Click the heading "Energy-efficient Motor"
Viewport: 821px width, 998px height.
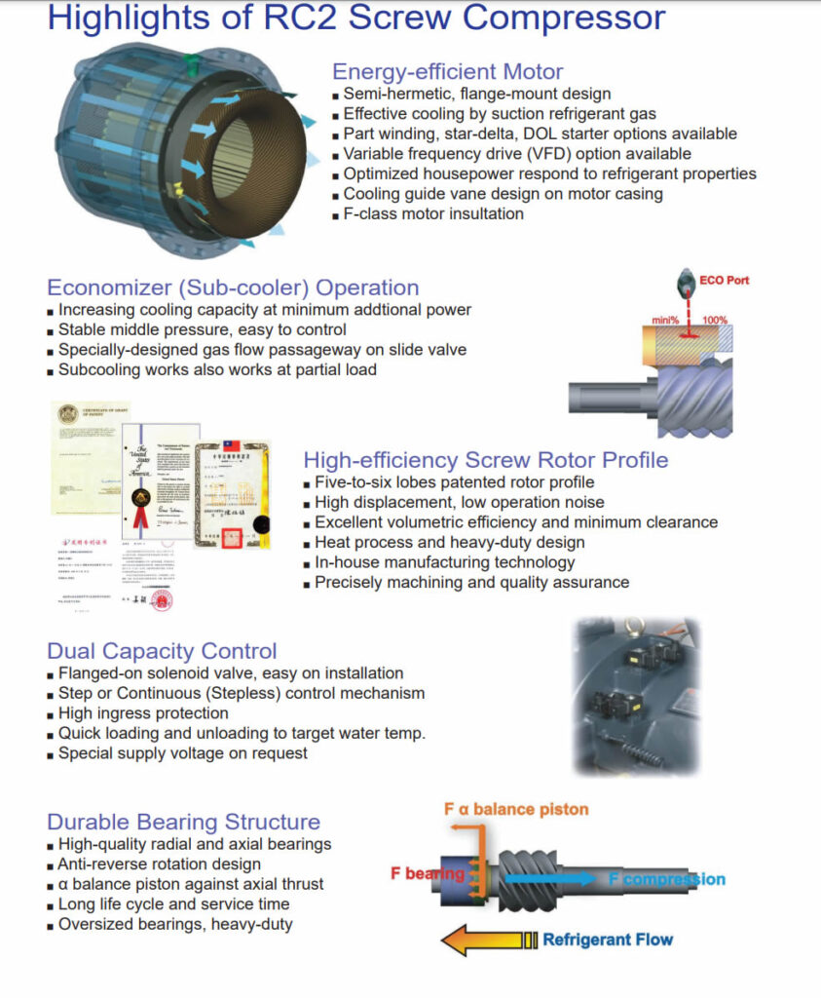tap(447, 71)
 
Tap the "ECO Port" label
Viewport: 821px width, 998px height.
tap(725, 281)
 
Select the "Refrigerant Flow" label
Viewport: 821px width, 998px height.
tap(608, 940)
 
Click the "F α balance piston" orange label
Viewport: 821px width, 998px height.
tap(516, 809)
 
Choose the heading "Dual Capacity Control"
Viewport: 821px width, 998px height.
tap(162, 651)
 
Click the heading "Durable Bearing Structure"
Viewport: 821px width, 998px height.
tap(183, 822)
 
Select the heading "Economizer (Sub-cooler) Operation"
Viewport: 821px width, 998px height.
tap(233, 288)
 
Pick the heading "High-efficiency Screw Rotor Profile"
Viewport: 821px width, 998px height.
tap(485, 459)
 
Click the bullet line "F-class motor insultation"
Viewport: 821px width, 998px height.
tap(432, 213)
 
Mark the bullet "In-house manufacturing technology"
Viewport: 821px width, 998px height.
tap(444, 562)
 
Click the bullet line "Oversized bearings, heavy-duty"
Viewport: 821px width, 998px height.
tap(175, 924)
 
